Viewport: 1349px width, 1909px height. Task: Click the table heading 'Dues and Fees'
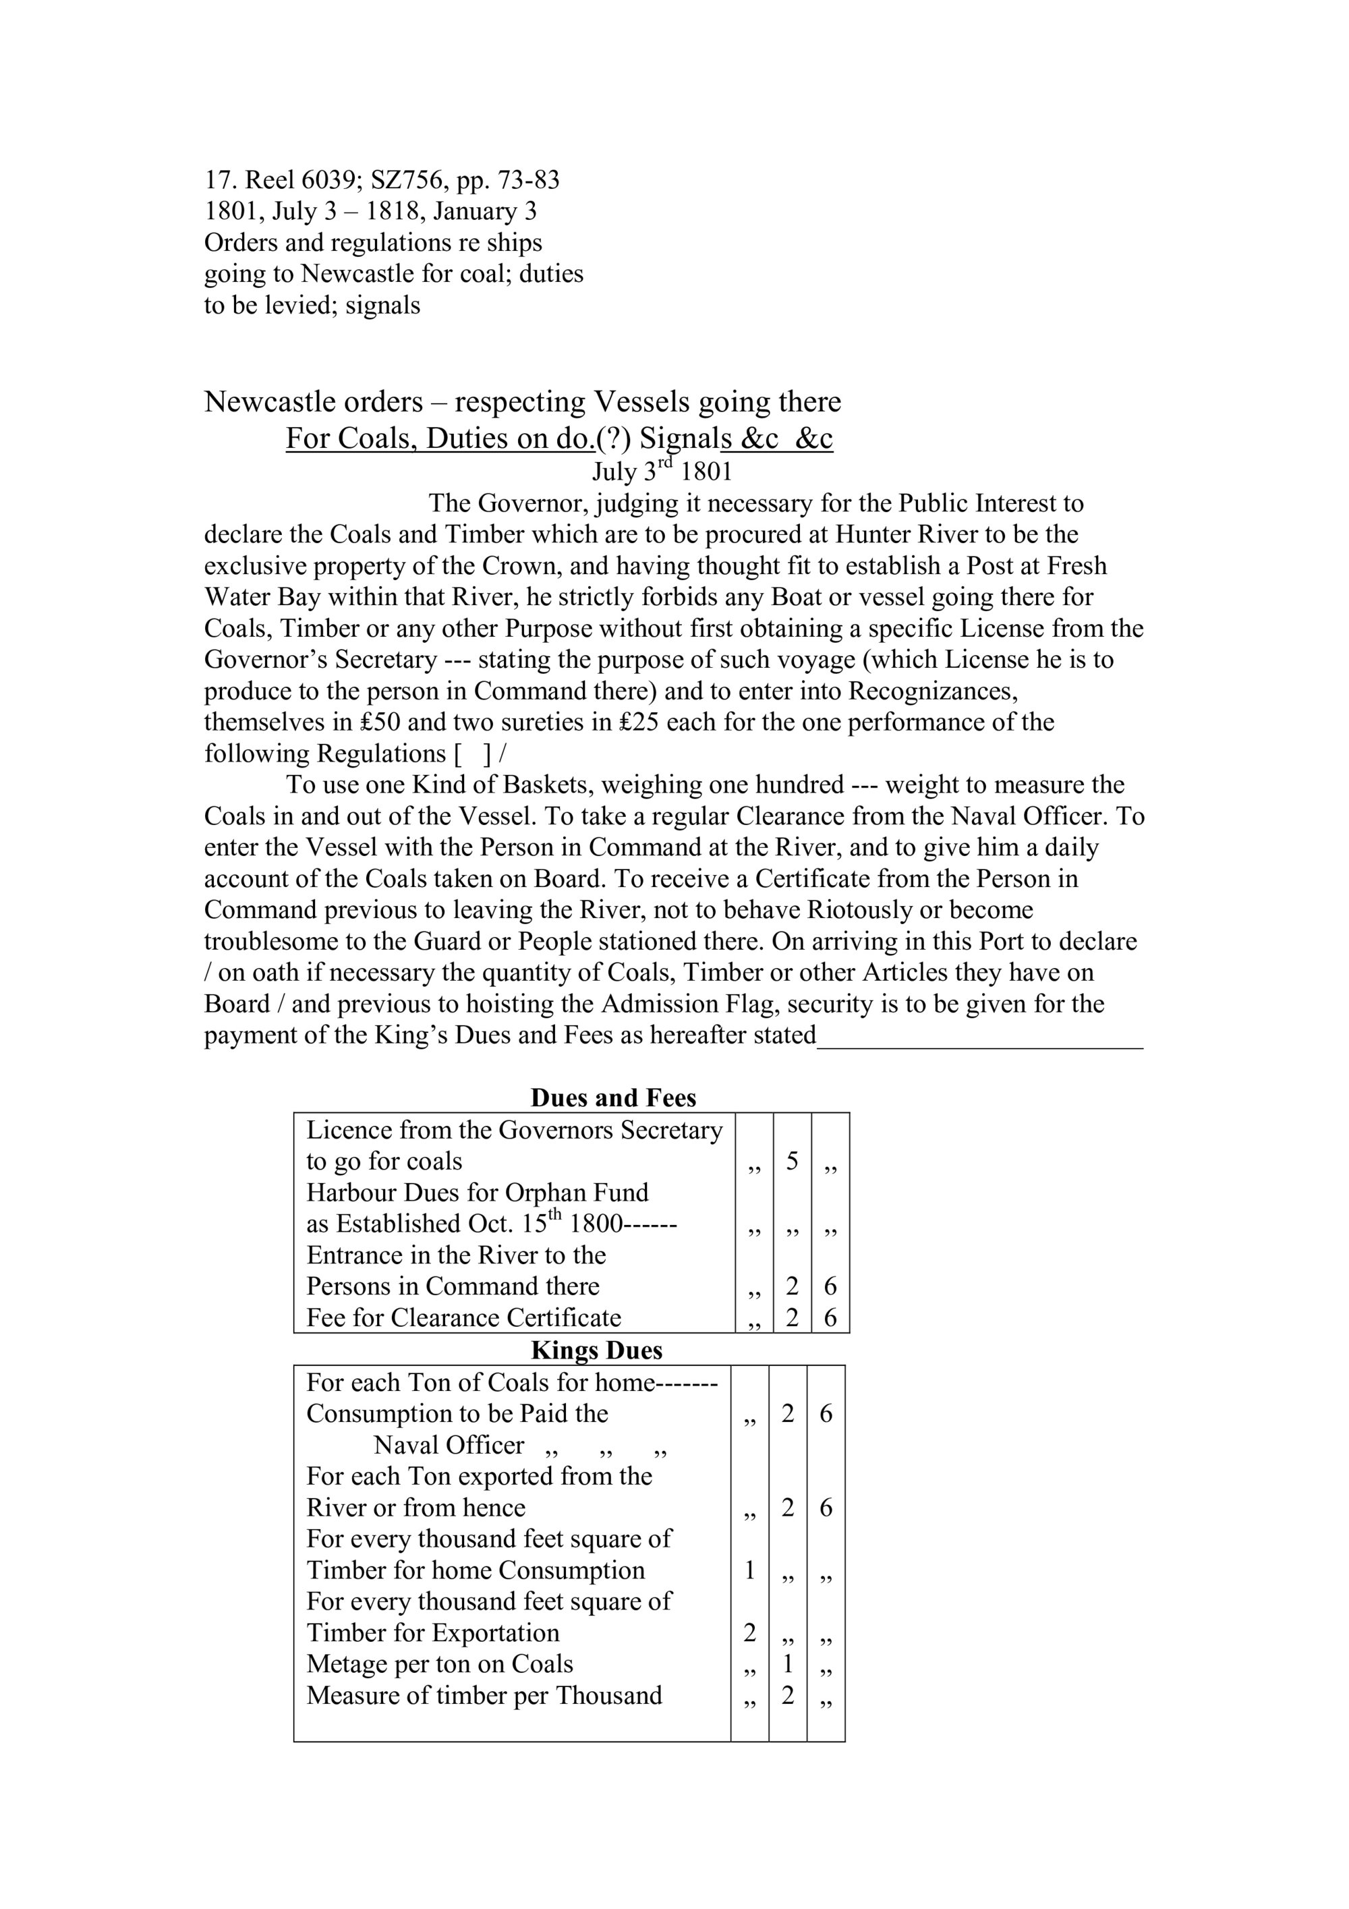pos(612,1098)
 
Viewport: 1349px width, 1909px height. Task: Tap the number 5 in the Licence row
pos(791,1161)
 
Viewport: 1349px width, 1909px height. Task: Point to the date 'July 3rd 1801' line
pos(662,472)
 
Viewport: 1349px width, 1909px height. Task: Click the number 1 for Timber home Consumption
pos(749,1570)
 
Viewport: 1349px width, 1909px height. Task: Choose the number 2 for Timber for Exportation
pos(749,1632)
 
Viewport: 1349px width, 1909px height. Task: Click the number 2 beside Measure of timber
pos(787,1694)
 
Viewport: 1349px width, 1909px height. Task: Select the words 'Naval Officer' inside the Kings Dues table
pos(449,1445)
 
